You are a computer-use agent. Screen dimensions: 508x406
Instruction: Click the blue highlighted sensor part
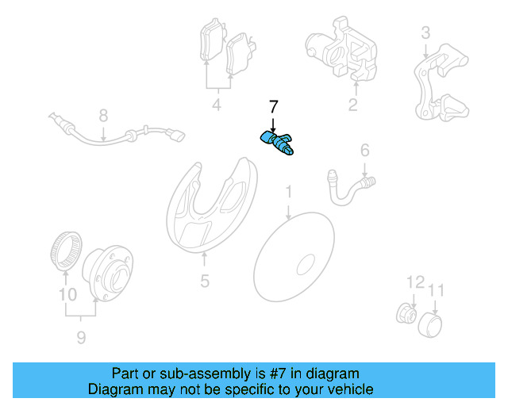coord(277,143)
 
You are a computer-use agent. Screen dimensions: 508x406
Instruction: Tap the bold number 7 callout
coord(273,107)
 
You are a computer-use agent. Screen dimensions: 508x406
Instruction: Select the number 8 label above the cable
coord(103,116)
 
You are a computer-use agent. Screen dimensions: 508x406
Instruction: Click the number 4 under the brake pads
coord(217,105)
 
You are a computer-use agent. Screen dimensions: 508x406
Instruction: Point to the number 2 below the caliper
coord(352,105)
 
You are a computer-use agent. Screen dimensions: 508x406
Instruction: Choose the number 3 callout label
coord(425,33)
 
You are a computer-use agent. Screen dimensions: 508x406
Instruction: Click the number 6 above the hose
coord(365,151)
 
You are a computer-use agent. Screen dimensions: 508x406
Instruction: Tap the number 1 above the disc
coord(288,192)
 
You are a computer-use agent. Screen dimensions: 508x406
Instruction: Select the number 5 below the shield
coord(205,281)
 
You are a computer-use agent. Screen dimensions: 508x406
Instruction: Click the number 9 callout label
coord(81,338)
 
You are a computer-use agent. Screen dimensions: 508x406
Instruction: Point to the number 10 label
coord(68,295)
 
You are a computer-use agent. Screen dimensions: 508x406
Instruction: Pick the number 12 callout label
coord(415,282)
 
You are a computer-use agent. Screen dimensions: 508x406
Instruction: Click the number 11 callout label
coord(436,290)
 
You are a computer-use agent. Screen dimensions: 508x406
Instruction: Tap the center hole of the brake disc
coord(306,264)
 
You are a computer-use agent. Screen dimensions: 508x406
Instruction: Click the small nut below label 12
coord(406,312)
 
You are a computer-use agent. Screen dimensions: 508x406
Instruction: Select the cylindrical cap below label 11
coord(430,325)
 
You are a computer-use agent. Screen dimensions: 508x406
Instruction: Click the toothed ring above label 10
coord(66,250)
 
